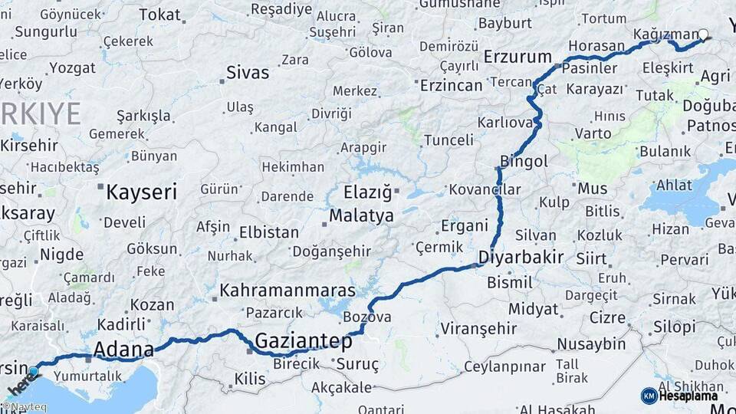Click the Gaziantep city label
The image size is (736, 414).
304,341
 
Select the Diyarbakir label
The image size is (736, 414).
521,257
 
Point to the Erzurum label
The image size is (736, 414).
518,57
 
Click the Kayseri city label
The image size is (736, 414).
141,191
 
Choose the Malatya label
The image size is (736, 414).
361,216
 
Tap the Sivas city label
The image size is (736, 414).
248,73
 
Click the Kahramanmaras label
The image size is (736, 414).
287,291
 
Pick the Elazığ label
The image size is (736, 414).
367,192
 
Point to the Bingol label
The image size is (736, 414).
524,162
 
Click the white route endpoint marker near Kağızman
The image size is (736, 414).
703,34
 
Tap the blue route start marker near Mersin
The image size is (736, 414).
33,372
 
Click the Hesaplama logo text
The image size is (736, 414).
690,396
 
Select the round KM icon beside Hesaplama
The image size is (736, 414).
649,396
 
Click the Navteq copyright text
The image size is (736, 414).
25,407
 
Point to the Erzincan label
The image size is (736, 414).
451,86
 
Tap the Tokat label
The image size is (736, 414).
159,14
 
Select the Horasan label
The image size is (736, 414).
596,46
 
